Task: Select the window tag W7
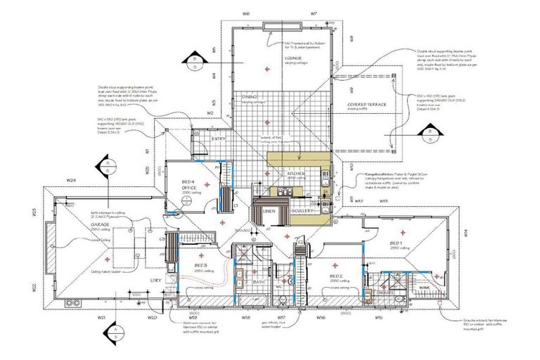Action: tap(313, 13)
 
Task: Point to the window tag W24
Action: tap(71, 181)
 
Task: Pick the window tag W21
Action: tap(102, 318)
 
